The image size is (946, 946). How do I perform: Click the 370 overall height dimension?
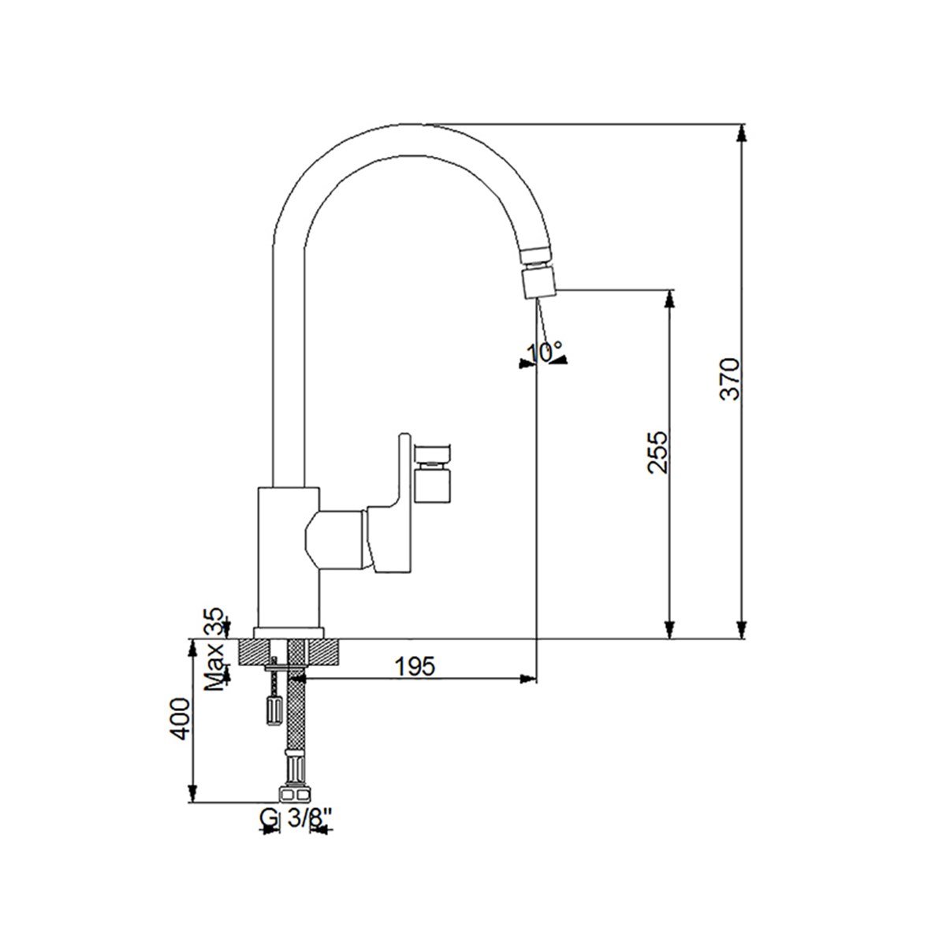pos(729,379)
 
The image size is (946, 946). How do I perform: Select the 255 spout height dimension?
pos(657,453)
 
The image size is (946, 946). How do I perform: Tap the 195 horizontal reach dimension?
pos(415,666)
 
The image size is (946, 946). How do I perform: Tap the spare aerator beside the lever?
pos(433,473)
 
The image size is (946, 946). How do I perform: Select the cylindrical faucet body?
pos(289,557)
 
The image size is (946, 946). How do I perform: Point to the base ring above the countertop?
pos(289,633)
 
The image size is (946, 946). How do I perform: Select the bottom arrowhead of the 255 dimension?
pos(669,631)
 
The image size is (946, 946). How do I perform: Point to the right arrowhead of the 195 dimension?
pos(528,679)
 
